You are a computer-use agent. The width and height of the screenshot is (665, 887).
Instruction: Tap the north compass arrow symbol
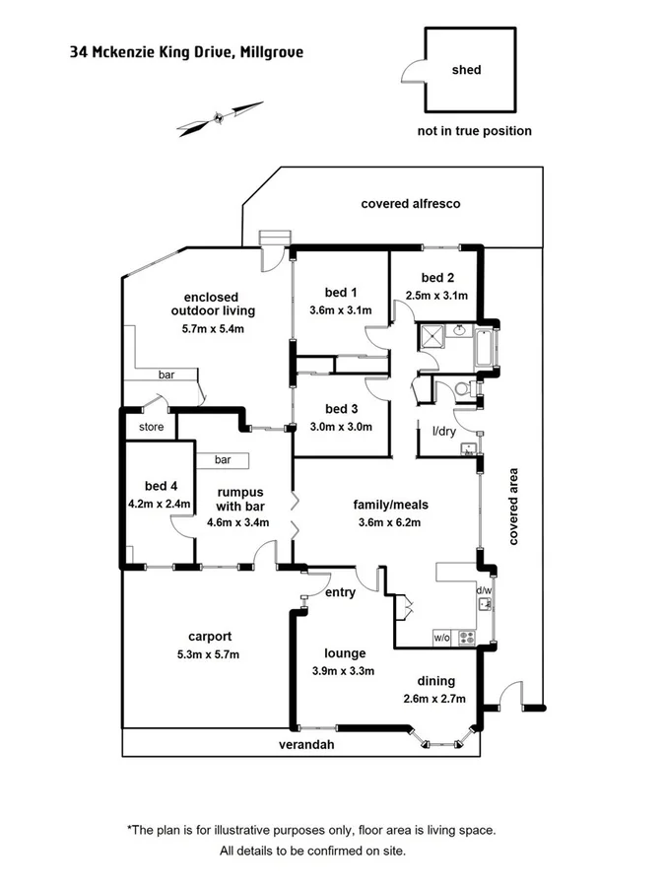tap(221, 117)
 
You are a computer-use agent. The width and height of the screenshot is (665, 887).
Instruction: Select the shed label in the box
tap(466, 70)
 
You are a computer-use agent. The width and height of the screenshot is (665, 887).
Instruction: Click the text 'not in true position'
tap(474, 131)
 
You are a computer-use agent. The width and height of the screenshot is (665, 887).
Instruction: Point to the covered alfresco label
tap(411, 204)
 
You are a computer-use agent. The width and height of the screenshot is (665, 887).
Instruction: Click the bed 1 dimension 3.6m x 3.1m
tap(340, 310)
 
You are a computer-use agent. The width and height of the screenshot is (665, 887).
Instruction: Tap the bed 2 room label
tap(436, 278)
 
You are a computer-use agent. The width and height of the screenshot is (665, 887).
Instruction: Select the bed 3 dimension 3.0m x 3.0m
tap(340, 427)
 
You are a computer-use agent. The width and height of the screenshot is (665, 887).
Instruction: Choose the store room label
tap(151, 427)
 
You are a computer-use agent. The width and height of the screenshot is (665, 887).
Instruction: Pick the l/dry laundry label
tap(444, 432)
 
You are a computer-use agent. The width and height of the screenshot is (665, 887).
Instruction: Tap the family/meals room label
tap(391, 505)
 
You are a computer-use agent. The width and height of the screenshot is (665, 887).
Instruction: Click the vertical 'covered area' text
tap(513, 505)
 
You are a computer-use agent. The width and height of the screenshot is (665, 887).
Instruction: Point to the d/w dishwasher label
tap(483, 590)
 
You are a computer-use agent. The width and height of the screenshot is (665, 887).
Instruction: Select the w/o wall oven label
tap(440, 638)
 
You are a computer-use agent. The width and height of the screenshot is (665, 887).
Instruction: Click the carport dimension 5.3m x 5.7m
tap(208, 653)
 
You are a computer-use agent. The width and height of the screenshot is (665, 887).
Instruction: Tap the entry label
tap(340, 592)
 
